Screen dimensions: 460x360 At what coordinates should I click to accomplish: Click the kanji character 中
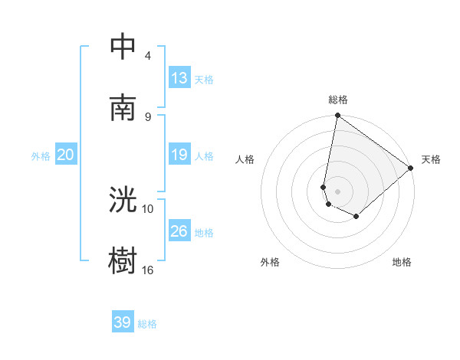coord(123,46)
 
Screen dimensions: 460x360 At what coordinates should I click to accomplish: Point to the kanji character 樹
coord(123,261)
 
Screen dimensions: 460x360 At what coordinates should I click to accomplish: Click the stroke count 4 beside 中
coord(147,56)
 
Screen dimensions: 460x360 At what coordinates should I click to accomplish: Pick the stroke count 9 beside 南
coord(147,117)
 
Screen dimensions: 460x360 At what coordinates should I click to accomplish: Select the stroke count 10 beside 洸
coord(148,208)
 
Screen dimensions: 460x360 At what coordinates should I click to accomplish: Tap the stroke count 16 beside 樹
coord(148,270)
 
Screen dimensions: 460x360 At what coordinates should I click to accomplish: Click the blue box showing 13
coord(179,77)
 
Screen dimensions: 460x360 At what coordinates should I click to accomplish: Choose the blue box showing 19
coord(179,155)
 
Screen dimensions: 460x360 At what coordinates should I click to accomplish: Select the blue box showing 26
coord(179,231)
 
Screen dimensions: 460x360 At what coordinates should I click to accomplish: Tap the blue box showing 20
coord(65,155)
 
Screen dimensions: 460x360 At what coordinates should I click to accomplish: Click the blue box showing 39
coord(123,322)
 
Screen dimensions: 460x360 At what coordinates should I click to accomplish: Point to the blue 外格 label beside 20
coord(41,156)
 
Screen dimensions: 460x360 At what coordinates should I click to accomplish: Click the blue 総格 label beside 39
coord(147,324)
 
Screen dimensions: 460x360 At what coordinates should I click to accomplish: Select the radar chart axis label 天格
coord(431,159)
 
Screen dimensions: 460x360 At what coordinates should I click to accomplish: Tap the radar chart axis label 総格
coord(338,100)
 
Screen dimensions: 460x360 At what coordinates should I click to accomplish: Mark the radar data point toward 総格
coord(337,116)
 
